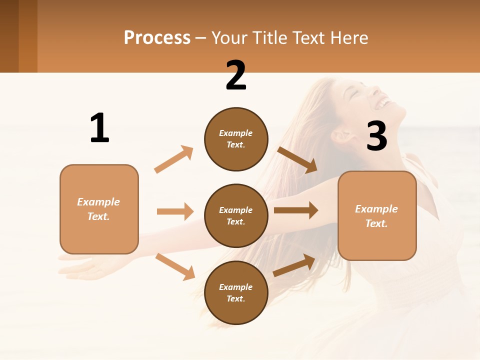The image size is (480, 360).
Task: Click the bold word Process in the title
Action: [157, 38]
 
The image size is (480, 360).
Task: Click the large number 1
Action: [99, 128]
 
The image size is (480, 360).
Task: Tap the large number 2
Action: [236, 76]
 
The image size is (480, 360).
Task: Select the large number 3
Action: [376, 136]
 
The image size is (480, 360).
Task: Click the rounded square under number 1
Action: [99, 209]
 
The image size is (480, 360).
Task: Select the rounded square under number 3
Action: [377, 216]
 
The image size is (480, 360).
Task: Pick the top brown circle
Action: [236, 139]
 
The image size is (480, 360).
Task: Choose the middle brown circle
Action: [236, 216]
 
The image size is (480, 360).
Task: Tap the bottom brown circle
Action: [236, 293]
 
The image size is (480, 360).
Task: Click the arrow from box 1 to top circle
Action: [174, 159]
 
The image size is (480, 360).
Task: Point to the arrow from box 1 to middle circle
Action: [175, 211]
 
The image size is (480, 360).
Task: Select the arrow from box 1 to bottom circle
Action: [175, 266]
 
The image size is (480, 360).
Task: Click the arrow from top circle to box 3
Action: [297, 160]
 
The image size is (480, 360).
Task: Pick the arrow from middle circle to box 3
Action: [296, 210]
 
